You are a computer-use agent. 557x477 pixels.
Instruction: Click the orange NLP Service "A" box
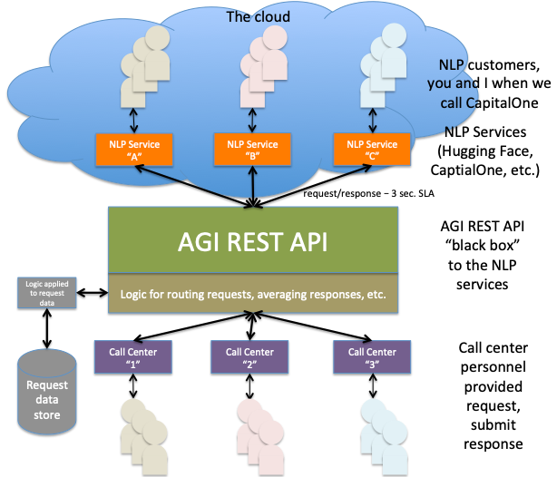[x=128, y=150]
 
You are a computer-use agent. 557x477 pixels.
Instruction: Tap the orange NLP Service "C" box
[x=366, y=150]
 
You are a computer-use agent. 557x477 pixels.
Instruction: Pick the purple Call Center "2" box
[x=247, y=357]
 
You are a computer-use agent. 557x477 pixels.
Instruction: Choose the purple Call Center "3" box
[x=366, y=357]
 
